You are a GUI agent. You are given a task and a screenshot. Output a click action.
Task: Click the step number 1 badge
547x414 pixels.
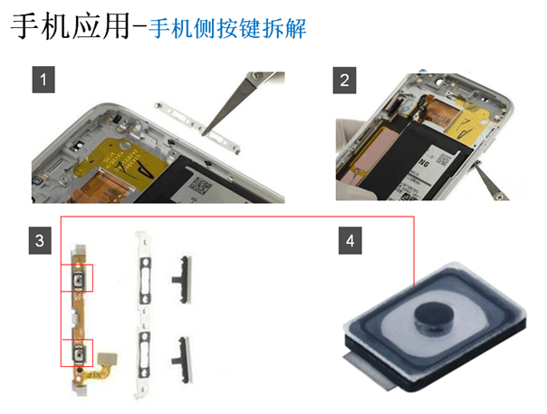(x=43, y=80)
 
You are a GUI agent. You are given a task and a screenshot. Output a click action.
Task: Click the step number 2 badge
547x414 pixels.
(x=344, y=81)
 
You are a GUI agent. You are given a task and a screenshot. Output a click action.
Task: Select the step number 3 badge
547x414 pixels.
(x=40, y=240)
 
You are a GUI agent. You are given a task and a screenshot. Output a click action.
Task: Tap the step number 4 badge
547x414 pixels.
(x=350, y=240)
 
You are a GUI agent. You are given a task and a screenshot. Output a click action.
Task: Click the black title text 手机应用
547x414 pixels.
(x=71, y=26)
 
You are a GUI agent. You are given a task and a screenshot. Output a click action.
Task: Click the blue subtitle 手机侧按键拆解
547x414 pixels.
(x=227, y=28)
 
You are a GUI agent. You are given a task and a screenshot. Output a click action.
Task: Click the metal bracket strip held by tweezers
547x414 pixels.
(x=197, y=128)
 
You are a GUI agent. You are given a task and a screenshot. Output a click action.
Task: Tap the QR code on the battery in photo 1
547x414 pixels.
(x=200, y=187)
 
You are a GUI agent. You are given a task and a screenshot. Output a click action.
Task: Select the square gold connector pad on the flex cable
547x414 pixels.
(x=108, y=359)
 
